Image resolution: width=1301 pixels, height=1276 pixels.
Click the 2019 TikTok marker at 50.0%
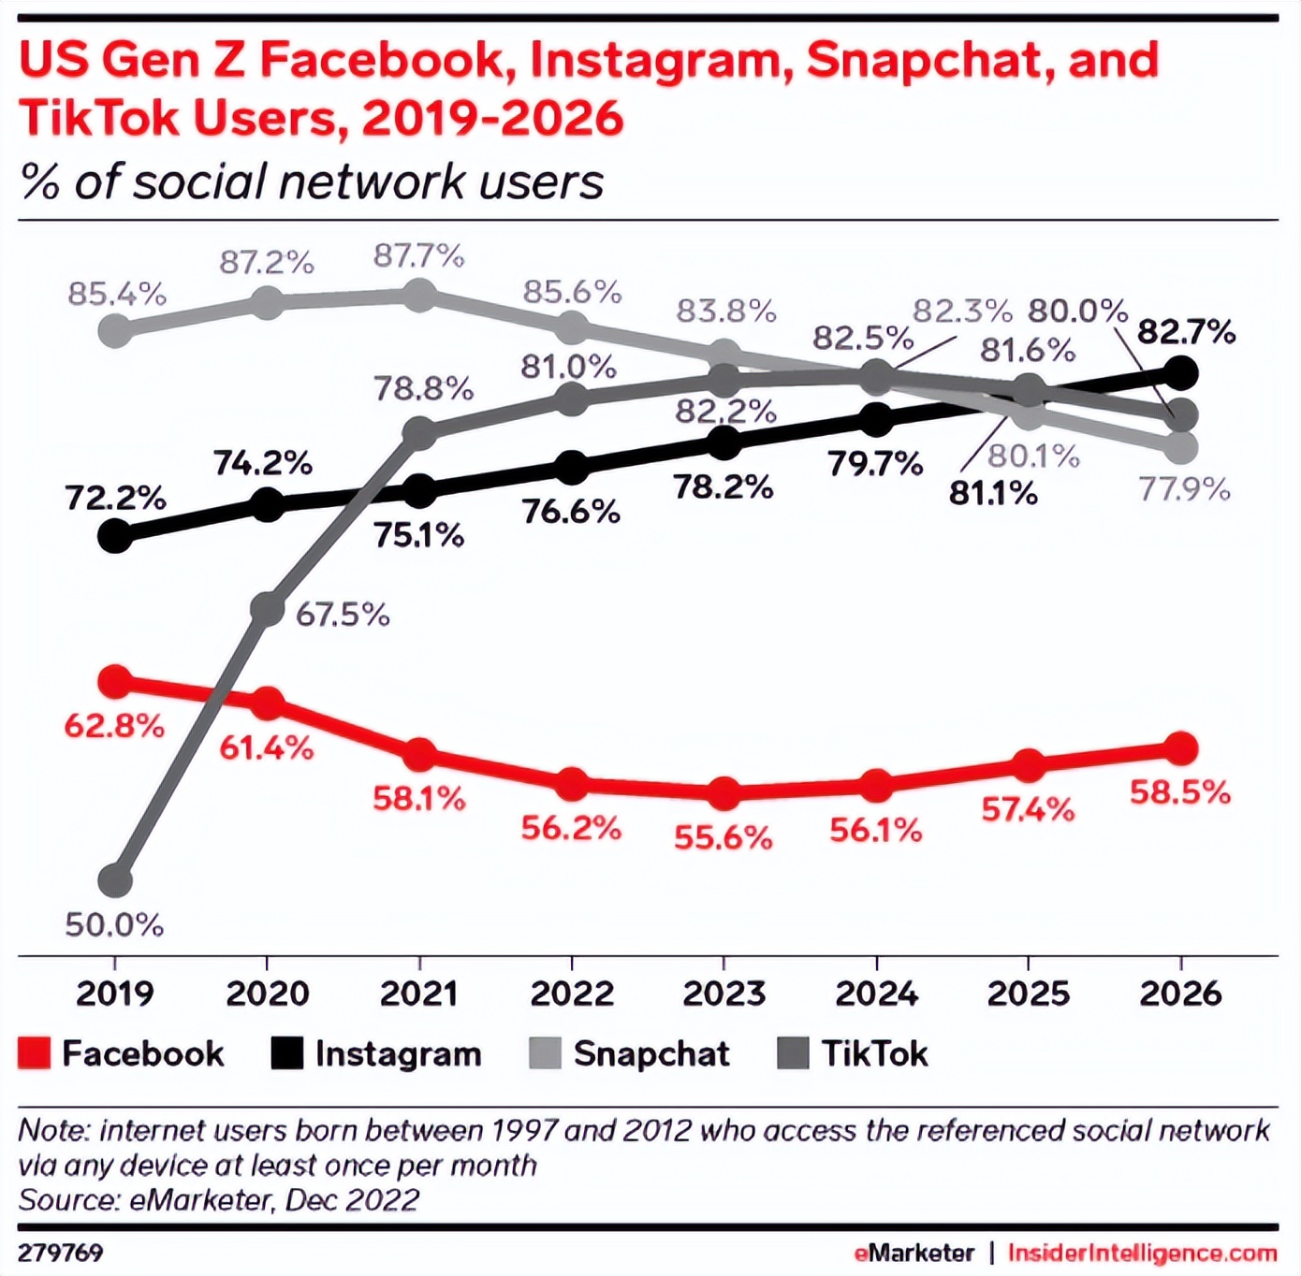click(x=115, y=880)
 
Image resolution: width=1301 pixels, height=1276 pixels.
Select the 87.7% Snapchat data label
click(x=418, y=255)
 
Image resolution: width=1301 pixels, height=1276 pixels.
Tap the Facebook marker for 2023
click(x=724, y=793)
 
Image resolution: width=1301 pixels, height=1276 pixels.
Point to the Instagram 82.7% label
click(x=1186, y=332)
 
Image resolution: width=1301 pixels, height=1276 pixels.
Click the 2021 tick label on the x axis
click(x=419, y=993)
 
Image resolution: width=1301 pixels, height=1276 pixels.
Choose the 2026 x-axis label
click(x=1180, y=993)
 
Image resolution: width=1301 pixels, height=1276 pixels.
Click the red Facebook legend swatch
click(x=34, y=1053)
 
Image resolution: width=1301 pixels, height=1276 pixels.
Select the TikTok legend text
click(x=874, y=1053)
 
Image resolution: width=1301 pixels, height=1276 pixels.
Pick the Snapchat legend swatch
click(x=545, y=1053)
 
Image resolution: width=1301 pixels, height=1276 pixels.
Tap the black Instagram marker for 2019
click(x=115, y=536)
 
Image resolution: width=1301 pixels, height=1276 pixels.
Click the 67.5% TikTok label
click(x=343, y=615)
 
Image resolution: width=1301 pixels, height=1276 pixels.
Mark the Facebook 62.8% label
click(x=114, y=725)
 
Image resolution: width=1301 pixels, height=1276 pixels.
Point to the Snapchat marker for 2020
click(x=268, y=302)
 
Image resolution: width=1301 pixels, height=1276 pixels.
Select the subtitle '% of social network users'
click(x=312, y=181)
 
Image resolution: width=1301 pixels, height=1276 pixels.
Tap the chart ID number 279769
click(x=61, y=1253)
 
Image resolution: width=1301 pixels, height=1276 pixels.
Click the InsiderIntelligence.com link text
click(x=1142, y=1253)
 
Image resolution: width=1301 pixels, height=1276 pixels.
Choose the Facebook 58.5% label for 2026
click(x=1179, y=792)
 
